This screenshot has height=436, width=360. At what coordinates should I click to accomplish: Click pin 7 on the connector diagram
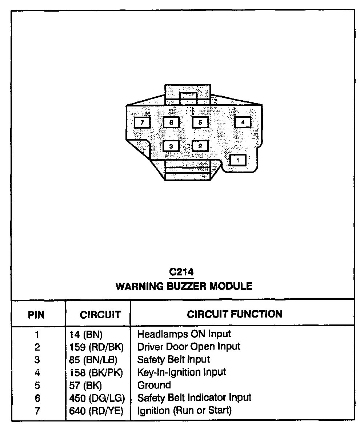click(142, 123)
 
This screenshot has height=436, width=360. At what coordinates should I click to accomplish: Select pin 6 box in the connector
click(171, 123)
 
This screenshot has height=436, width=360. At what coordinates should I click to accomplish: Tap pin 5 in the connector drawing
click(200, 123)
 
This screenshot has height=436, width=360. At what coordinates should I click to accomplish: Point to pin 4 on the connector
click(243, 122)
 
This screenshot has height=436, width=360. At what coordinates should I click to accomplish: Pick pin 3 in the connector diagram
click(171, 146)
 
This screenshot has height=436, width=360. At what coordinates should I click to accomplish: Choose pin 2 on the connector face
click(200, 146)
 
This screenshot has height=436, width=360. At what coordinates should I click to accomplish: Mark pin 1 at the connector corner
click(238, 160)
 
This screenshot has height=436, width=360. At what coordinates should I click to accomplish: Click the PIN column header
click(36, 315)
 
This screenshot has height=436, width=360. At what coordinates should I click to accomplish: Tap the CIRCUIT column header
click(100, 315)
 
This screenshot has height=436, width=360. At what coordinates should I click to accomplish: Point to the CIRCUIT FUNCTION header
click(235, 314)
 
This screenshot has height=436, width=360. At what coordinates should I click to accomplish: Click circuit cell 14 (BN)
click(86, 334)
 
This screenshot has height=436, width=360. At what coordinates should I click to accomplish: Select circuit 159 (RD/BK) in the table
click(96, 347)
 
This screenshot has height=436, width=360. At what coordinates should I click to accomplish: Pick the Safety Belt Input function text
click(173, 360)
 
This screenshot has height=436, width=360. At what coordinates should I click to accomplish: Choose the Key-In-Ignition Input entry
click(181, 372)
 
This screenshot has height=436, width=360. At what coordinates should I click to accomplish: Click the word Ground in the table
click(154, 385)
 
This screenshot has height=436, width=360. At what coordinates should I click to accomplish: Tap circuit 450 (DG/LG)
click(97, 398)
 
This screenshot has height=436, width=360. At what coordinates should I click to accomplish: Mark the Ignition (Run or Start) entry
click(184, 411)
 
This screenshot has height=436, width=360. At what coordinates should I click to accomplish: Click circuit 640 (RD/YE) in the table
click(96, 411)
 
